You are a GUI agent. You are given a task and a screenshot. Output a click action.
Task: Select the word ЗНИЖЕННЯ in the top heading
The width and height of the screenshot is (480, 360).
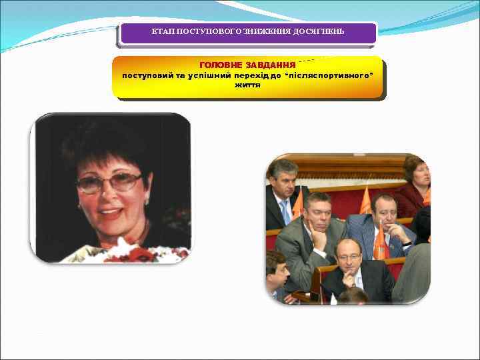coord(262,32)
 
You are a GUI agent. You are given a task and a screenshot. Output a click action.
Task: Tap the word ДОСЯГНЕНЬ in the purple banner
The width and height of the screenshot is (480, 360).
coord(316,32)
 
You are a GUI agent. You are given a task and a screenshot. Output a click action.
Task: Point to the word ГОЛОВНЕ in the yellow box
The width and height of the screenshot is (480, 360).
coord(222,65)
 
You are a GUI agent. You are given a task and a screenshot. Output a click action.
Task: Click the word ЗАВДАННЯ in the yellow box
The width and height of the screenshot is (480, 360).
coord(271,65)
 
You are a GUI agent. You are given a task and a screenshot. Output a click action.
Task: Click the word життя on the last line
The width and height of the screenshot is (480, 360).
coord(247,85)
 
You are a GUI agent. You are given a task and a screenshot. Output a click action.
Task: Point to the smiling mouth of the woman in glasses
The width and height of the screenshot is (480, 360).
coord(113,214)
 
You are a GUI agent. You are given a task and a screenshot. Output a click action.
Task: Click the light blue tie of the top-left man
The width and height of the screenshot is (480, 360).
coord(286,212)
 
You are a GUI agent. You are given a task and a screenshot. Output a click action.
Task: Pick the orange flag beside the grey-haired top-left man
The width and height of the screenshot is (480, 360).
coord(297,203)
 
